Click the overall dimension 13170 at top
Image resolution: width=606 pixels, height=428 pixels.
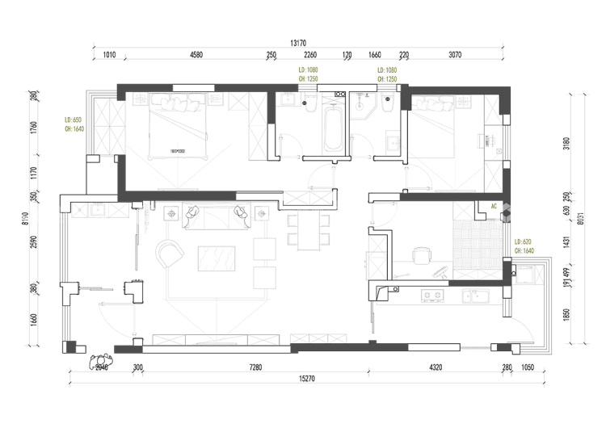(302, 43)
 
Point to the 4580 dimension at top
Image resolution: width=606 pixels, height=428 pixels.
(196, 55)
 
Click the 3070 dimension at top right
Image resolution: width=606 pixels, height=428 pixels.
(454, 55)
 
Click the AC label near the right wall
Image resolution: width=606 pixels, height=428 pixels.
(493, 207)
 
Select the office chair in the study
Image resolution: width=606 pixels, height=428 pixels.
(420, 256)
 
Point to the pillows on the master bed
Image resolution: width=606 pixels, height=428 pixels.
(177, 103)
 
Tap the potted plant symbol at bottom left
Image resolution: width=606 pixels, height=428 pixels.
(101, 359)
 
